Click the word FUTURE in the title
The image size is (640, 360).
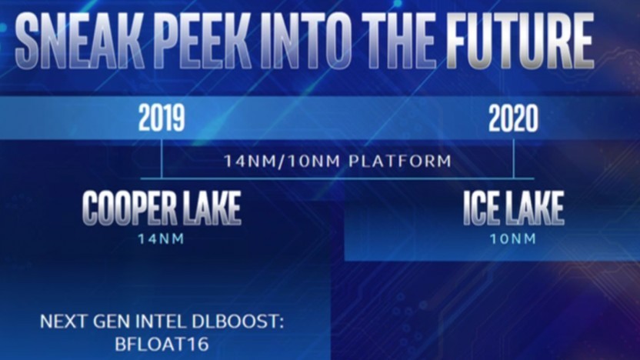pos(519,41)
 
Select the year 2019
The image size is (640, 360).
pos(162,118)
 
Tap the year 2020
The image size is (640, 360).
pos(513,118)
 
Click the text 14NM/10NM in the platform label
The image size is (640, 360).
pos(282,161)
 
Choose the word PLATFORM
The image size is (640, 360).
pos(400,161)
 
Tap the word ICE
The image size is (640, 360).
pos(482,208)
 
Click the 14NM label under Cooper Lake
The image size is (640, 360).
pos(161,238)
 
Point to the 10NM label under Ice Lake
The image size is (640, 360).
pos(513,238)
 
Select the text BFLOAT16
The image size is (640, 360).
pos(162,344)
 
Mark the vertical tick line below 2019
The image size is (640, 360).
pos(162,158)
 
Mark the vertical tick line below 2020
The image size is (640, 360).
pos(514,158)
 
